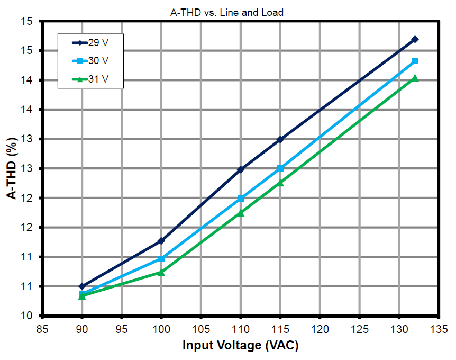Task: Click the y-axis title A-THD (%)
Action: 11,168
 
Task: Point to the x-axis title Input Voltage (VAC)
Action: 241,346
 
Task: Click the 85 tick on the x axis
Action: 42,328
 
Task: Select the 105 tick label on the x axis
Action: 201,328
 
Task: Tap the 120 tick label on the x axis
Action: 320,328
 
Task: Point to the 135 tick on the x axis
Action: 439,328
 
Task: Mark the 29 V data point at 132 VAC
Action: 415,39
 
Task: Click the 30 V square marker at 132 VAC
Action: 415,61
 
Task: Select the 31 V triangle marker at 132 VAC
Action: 415,78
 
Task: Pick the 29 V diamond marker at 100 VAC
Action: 161,241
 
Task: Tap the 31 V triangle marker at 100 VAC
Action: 161,272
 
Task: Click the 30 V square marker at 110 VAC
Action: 241,199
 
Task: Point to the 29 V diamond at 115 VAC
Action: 280,139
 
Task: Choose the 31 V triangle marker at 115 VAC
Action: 280,183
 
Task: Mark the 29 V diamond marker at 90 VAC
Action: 82,286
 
